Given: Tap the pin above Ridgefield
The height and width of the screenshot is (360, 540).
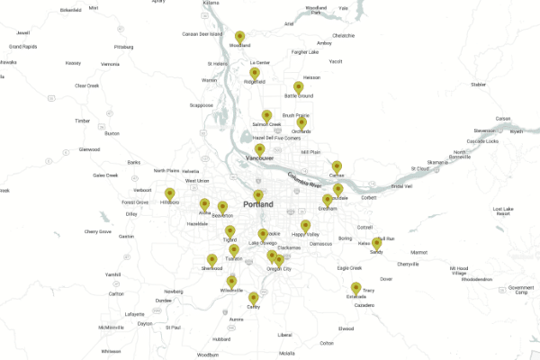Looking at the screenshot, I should (x=255, y=73).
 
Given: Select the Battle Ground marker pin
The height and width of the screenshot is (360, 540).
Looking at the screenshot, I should (x=298, y=87).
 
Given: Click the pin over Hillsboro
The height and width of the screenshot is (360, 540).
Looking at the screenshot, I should (x=169, y=193).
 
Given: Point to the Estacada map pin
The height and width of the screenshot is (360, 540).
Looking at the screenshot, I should (x=355, y=288).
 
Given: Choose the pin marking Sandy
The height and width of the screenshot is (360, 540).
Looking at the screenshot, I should (x=376, y=244).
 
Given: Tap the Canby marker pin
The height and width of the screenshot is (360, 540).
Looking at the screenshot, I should (x=254, y=298).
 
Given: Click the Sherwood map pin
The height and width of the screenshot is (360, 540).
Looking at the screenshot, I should (x=212, y=260).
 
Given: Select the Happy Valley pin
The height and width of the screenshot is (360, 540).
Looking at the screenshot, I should (x=305, y=225).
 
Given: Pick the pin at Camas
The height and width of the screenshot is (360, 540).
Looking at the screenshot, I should (x=337, y=166).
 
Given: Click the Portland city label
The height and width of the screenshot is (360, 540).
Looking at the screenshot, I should (x=257, y=204).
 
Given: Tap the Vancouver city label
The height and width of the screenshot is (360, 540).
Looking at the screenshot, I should (x=259, y=158).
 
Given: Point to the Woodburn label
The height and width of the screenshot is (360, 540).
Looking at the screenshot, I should (x=208, y=355).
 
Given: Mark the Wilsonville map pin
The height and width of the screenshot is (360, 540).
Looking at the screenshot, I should (x=231, y=283).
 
